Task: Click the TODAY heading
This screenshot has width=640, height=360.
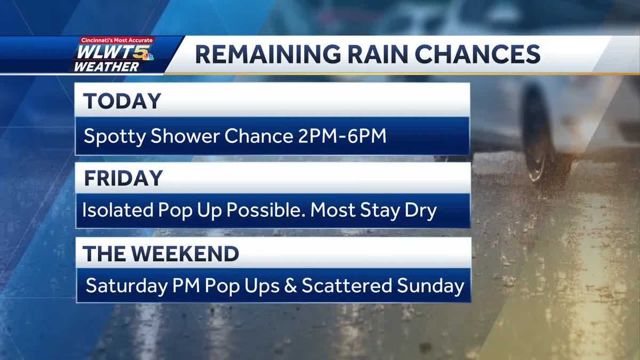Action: point(122,101)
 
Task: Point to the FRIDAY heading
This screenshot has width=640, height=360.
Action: point(123,178)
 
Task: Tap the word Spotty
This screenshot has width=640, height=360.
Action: point(113,136)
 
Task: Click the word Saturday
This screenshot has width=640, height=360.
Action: point(126,286)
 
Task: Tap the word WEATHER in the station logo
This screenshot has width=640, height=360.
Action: point(106,67)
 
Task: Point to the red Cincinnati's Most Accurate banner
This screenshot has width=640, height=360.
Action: point(117,41)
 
